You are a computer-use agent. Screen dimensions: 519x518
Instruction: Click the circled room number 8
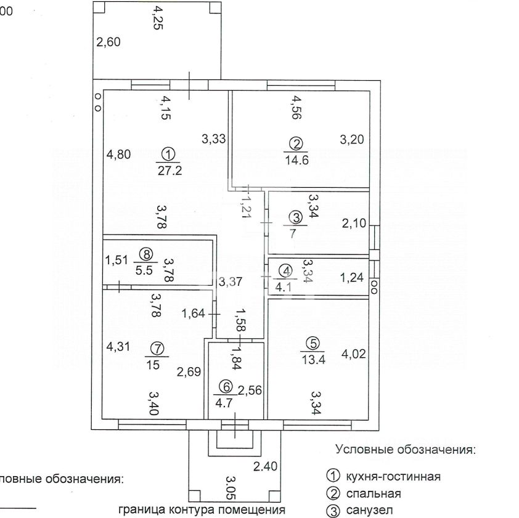tap(145, 253)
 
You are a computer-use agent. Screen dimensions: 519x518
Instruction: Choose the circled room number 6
tap(226, 387)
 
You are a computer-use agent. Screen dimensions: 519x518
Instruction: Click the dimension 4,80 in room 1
tap(118, 155)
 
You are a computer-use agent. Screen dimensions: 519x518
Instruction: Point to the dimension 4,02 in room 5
tap(353, 354)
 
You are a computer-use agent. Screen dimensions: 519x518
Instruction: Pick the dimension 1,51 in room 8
tap(116, 259)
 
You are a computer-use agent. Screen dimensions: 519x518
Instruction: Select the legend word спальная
tap(373, 493)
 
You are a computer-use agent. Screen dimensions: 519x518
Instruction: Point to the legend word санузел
tap(369, 510)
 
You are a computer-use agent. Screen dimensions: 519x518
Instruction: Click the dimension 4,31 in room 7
tap(118, 347)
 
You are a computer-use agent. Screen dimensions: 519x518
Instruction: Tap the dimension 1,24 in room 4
tap(351, 278)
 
